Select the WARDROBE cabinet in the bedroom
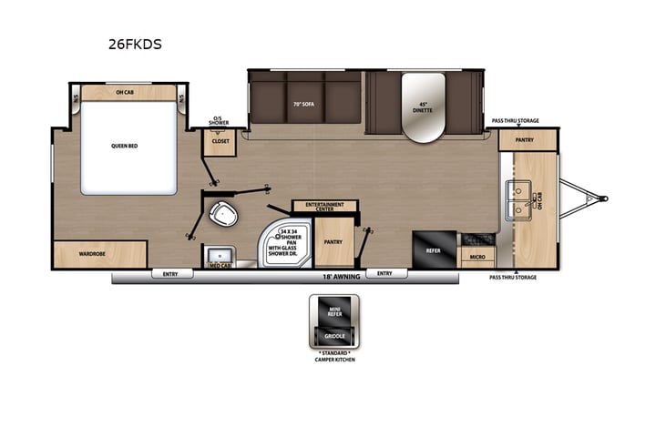tap(94, 254)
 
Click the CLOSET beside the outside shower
tap(221, 142)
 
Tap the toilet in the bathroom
tap(221, 215)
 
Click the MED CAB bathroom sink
tap(220, 257)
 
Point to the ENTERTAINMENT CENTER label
tap(323, 207)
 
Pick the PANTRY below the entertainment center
tap(333, 241)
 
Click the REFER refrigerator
tap(433, 246)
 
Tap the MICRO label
tap(476, 258)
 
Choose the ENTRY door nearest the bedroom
tap(171, 273)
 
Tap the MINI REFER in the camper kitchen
tap(333, 313)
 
